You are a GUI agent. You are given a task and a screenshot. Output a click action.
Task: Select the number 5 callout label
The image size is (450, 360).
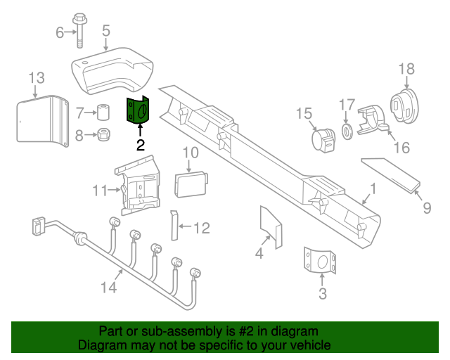click(x=106, y=30)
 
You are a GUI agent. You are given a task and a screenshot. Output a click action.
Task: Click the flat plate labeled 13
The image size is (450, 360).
click(x=39, y=122)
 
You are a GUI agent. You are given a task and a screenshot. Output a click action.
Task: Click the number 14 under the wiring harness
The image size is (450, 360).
click(x=108, y=287)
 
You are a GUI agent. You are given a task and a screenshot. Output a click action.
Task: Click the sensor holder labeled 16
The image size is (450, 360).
click(x=373, y=119)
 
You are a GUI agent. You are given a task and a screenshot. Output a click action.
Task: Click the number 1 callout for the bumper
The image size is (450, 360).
click(x=373, y=188)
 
